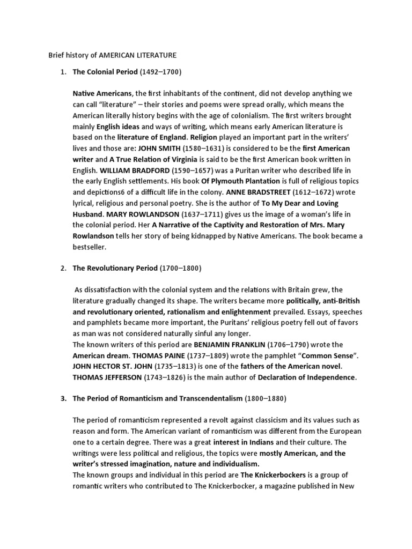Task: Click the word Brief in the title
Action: tap(56, 55)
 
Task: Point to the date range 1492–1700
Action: tap(161, 71)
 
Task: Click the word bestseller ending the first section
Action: tap(90, 247)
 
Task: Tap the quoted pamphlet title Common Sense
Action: tap(315, 355)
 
